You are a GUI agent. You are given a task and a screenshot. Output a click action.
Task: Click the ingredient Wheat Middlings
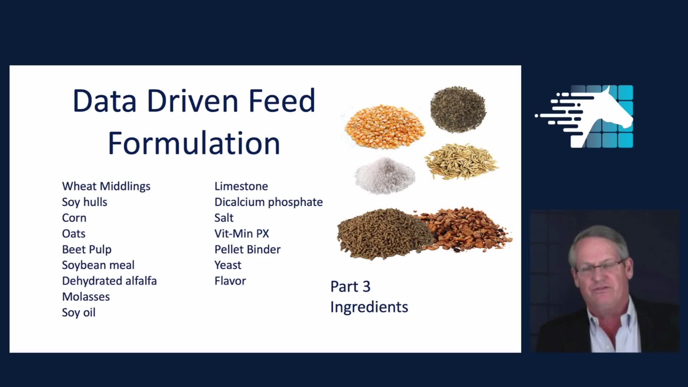[x=106, y=186]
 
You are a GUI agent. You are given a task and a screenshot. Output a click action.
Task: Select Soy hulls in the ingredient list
[x=85, y=202]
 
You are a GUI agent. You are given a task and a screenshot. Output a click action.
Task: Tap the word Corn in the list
[x=74, y=218]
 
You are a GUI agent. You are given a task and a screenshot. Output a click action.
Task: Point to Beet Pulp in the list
[x=87, y=249]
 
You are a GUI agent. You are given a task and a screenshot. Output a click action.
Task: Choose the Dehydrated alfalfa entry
[x=109, y=281]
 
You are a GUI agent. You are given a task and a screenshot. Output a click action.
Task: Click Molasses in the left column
[x=86, y=297]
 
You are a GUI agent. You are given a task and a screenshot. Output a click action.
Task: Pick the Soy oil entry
[x=79, y=312]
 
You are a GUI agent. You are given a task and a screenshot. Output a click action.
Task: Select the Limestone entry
[x=241, y=186]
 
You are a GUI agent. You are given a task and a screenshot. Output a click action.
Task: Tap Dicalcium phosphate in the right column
[x=268, y=202]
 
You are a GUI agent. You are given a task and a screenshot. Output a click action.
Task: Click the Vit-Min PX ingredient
[x=242, y=234]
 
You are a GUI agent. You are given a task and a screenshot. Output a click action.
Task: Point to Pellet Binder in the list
[x=247, y=249]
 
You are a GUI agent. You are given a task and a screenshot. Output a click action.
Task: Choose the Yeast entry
[x=228, y=265]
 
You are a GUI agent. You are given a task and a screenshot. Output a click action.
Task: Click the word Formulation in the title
[x=194, y=143]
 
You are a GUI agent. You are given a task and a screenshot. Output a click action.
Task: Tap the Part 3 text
[x=350, y=287]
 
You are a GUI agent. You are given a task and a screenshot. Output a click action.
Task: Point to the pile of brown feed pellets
[x=383, y=233]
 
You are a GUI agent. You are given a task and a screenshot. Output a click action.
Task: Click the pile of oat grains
[x=461, y=161]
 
